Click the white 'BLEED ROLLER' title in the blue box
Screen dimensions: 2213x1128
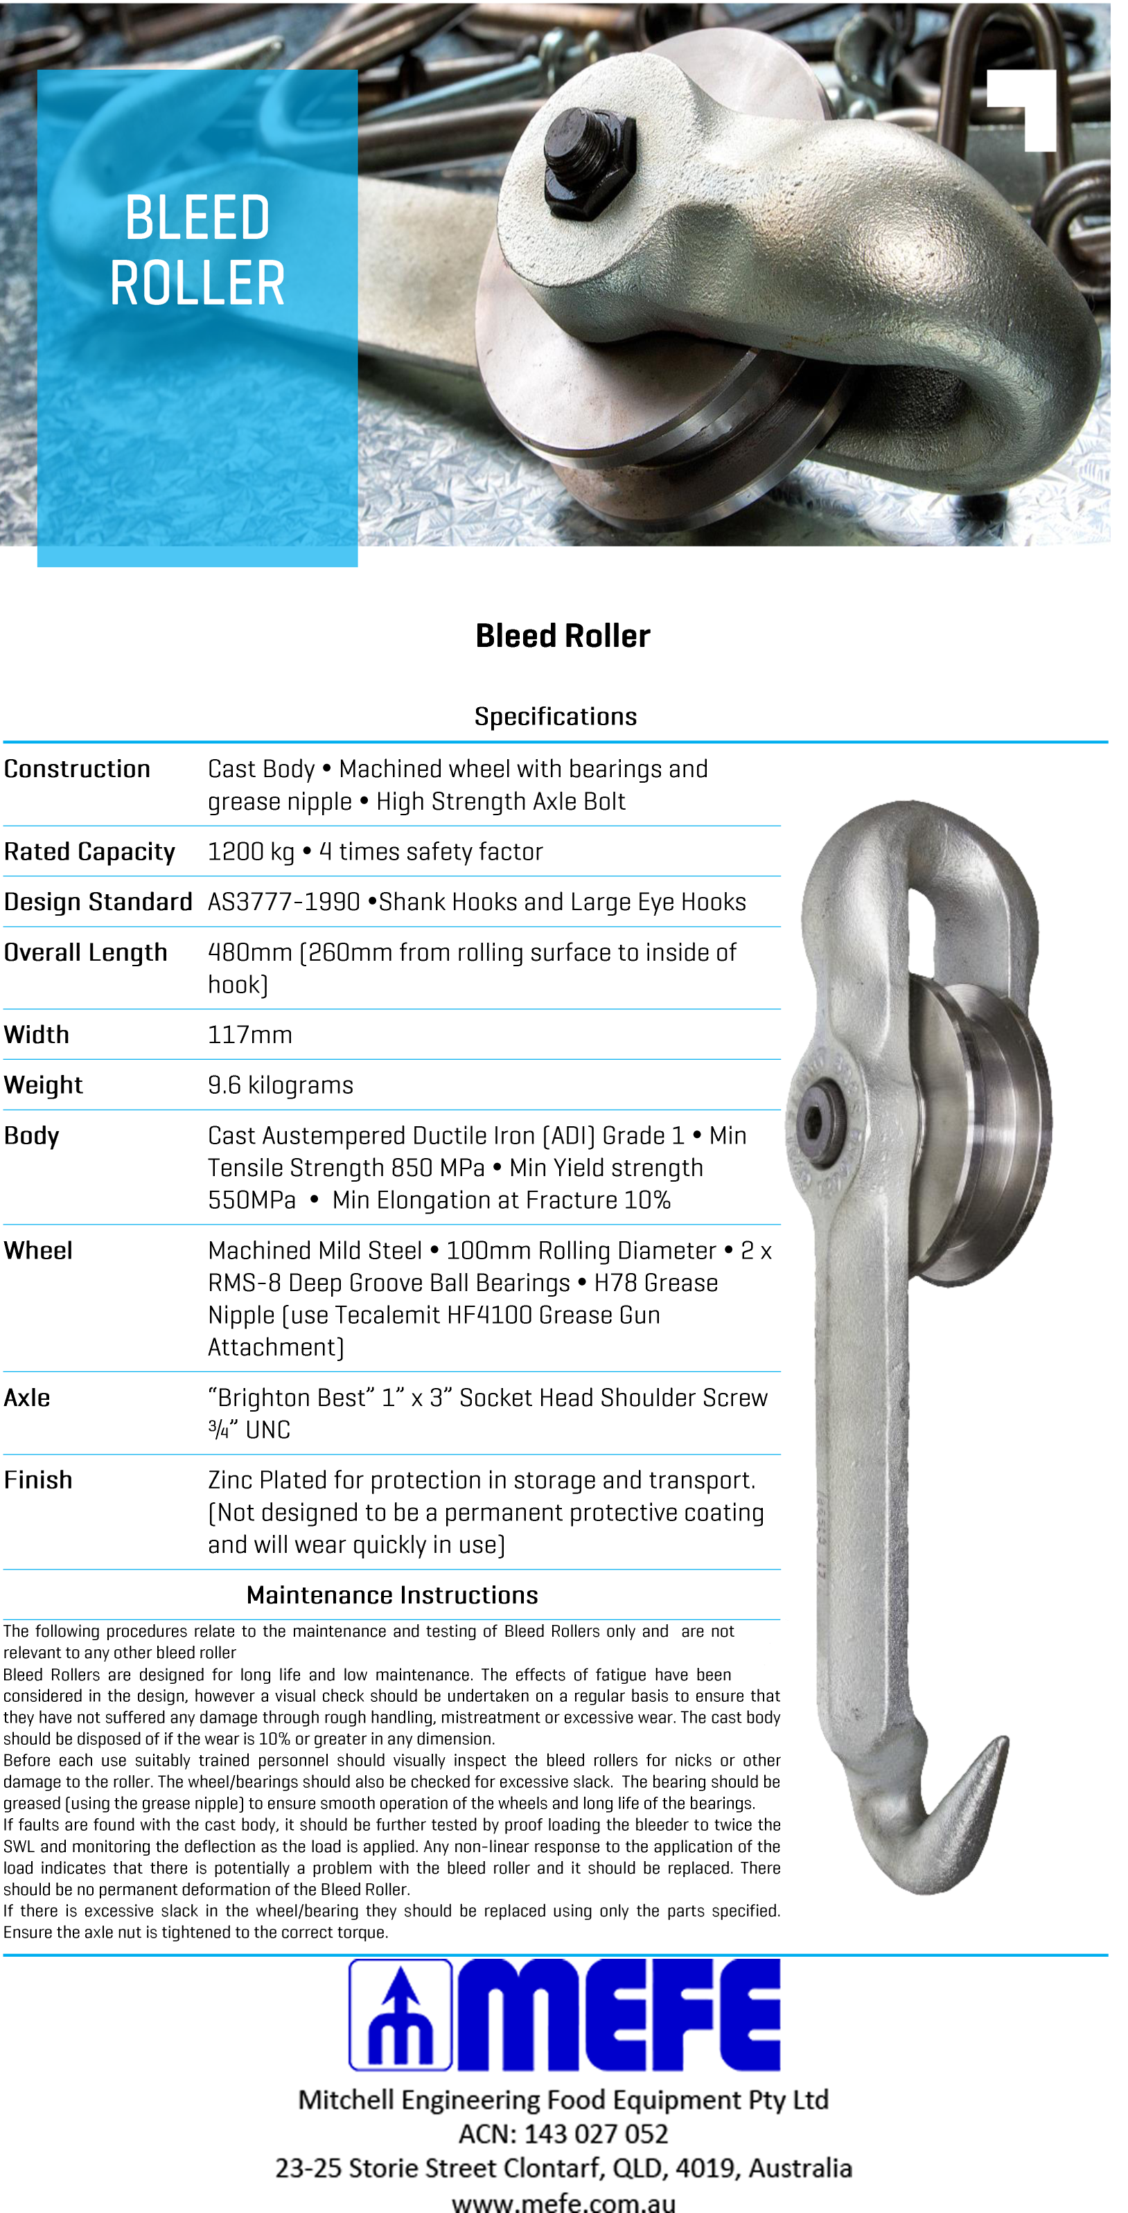point(197,249)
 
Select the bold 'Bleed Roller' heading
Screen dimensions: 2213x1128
point(563,636)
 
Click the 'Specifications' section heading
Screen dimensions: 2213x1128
point(555,716)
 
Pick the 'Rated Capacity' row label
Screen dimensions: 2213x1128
point(89,851)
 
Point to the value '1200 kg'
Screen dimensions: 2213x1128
point(251,851)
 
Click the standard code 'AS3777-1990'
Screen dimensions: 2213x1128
point(283,902)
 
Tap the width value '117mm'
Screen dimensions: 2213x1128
point(250,1034)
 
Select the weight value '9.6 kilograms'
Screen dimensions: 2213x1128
point(280,1085)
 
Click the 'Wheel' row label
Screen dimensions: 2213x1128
point(38,1251)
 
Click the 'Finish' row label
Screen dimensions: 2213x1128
point(38,1480)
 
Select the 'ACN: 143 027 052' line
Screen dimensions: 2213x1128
point(563,2133)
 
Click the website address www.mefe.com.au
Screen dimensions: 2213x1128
point(563,2202)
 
